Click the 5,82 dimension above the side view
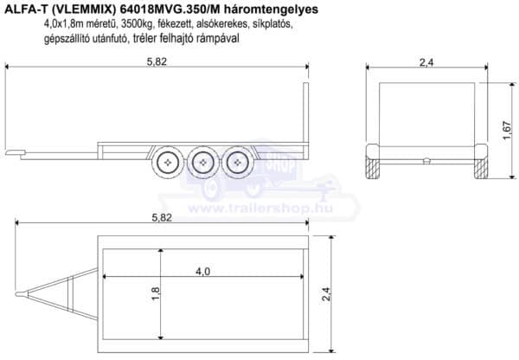(157, 61)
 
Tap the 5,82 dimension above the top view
(162, 217)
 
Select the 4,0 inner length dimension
(202, 272)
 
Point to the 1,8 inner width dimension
(155, 293)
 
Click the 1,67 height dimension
(507, 131)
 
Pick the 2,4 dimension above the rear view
(426, 62)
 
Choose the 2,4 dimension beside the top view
(326, 294)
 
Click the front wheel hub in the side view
(168, 163)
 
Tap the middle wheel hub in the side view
(202, 163)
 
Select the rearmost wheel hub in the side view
(237, 163)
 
